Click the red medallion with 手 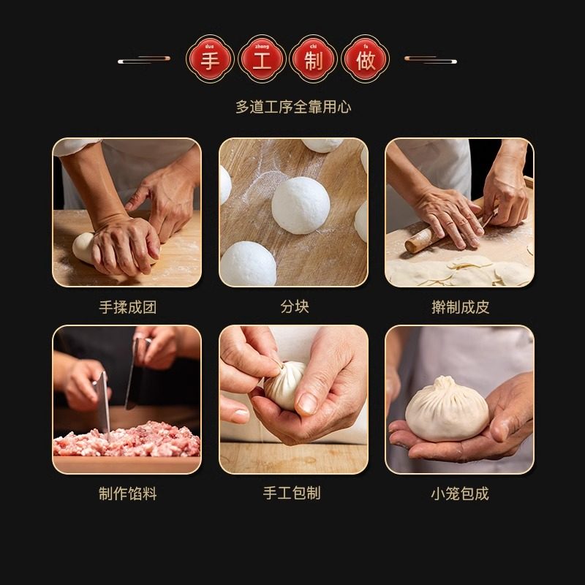(210, 59)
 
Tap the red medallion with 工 (262, 59)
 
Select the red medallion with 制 (314, 59)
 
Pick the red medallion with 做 (366, 59)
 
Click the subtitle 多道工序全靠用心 (292, 107)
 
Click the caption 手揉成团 (127, 307)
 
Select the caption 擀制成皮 (460, 307)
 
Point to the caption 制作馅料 (127, 494)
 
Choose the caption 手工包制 (292, 494)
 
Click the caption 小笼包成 (460, 494)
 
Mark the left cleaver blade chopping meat (103, 402)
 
